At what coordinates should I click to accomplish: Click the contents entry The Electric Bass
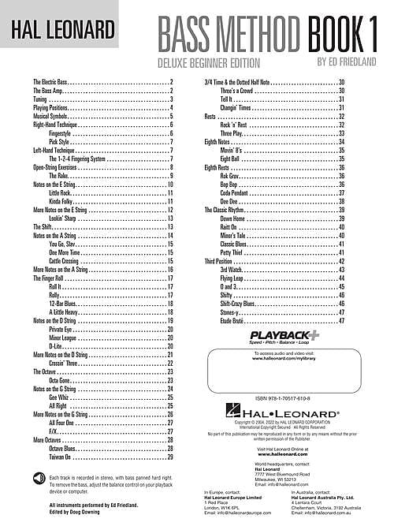point(54,82)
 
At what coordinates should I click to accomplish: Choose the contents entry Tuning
point(41,99)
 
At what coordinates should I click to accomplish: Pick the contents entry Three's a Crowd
point(238,91)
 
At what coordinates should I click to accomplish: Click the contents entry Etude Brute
point(235,321)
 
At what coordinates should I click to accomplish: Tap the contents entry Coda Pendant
point(237,192)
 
